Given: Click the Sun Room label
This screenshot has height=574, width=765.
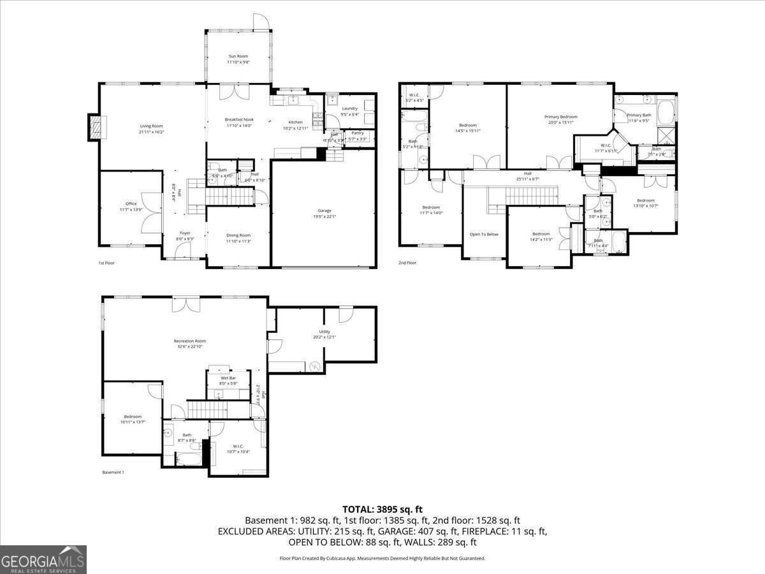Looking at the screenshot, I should [238, 59].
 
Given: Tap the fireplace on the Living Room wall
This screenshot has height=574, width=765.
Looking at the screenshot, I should [94, 127].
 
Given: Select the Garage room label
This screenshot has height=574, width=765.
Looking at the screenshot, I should [324, 213].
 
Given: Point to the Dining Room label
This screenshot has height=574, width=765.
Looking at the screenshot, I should [238, 238].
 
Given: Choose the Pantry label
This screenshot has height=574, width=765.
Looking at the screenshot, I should [358, 136].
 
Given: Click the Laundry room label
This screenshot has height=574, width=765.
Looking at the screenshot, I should [349, 111].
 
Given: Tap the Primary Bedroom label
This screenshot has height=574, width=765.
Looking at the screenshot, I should [560, 119].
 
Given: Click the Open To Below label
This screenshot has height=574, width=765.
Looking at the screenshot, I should [484, 234].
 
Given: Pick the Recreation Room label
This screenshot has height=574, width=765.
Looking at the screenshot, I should [190, 344].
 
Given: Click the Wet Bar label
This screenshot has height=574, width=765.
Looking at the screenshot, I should [228, 381].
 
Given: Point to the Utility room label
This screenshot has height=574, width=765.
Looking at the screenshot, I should [324, 335].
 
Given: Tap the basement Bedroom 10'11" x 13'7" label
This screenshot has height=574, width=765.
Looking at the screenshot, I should [133, 419].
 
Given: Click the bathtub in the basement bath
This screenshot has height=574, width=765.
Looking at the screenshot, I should [189, 457].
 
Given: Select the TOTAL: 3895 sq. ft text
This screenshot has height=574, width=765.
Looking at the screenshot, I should [382, 509].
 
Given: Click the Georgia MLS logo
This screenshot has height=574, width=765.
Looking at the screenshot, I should [43, 560].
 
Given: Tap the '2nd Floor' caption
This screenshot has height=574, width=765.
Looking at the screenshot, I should [407, 263].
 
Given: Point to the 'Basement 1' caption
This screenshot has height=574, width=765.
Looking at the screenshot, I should [113, 473].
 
